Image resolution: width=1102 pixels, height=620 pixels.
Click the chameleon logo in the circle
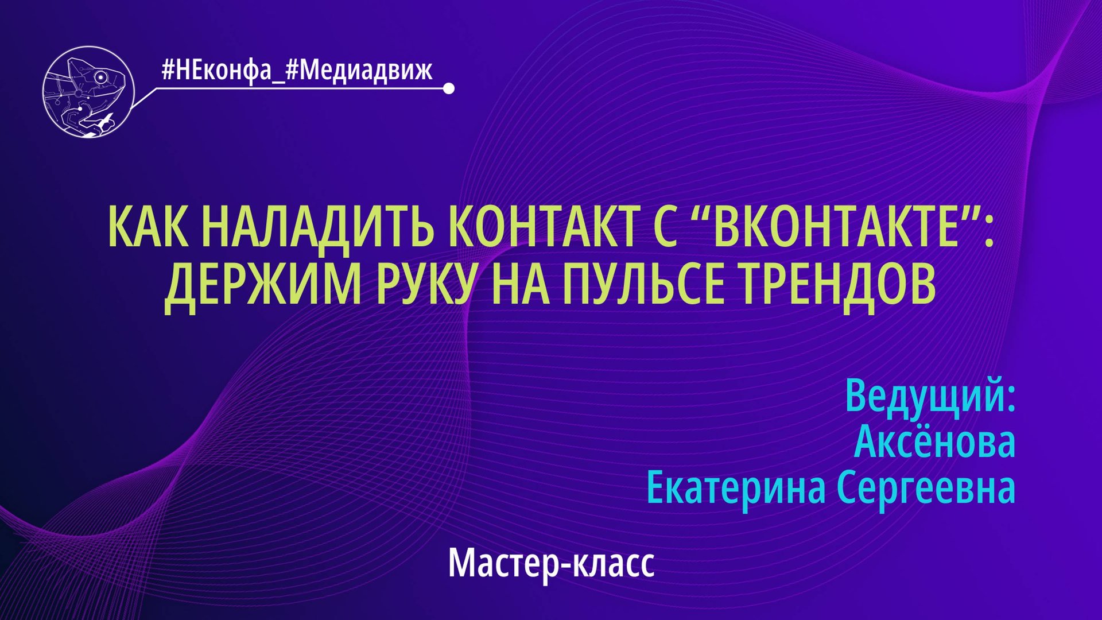pyautogui.click(x=88, y=92)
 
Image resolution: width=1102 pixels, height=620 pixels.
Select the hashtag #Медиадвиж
pyautogui.click(x=359, y=71)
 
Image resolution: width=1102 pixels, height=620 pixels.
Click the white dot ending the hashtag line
pyautogui.click(x=449, y=88)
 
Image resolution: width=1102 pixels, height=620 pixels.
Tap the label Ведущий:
pyautogui.click(x=930, y=395)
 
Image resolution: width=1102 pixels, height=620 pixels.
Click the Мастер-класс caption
pyautogui.click(x=551, y=563)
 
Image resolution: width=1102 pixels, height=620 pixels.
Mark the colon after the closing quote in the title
pyautogui.click(x=988, y=230)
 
